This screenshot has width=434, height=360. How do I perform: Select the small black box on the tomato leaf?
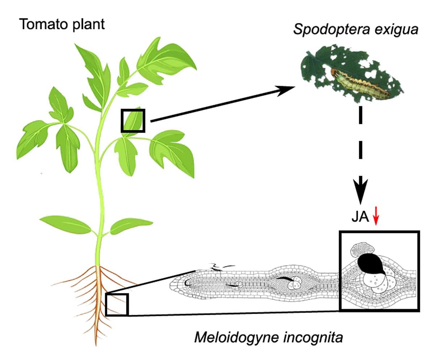(x=133, y=120)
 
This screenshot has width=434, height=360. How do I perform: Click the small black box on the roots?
(x=117, y=304)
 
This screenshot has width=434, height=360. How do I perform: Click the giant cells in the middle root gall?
(x=294, y=284)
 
